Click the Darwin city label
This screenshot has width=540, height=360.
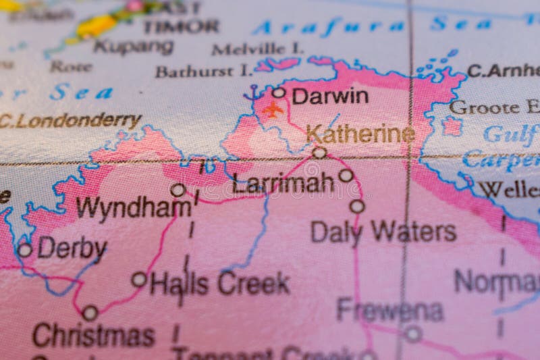tap(330, 96)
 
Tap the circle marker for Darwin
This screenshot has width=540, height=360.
tap(279, 93)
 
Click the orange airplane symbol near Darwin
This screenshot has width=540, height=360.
tap(273, 109)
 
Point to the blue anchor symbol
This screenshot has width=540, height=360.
tap(254, 93)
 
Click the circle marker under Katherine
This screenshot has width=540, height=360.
tap(319, 153)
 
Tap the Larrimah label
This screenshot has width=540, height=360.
tap(283, 182)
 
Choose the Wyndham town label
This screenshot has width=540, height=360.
tap(133, 207)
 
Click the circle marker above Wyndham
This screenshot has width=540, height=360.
tap(178, 190)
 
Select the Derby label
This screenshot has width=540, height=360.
tap(72, 249)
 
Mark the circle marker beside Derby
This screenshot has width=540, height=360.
tap(25, 250)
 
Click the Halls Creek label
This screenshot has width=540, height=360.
tap(220, 283)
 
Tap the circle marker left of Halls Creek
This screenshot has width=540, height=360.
tap(139, 279)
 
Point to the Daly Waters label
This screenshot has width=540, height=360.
tap(383, 232)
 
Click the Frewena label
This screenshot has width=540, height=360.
tap(389, 310)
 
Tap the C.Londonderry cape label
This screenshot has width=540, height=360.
tap(71, 121)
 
